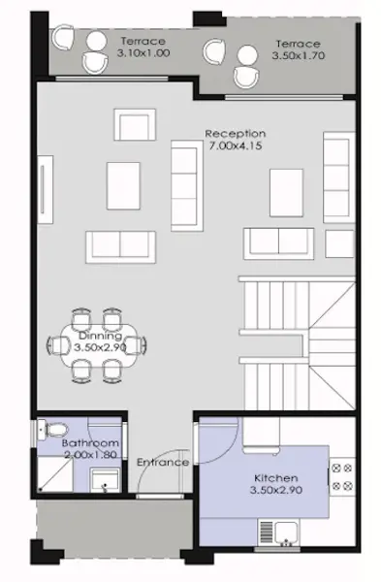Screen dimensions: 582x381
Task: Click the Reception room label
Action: click(x=235, y=133)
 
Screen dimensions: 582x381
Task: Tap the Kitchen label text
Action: click(x=276, y=479)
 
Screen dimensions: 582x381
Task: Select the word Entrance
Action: click(x=162, y=462)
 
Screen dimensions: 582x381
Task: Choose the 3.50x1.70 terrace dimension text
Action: click(x=299, y=58)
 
